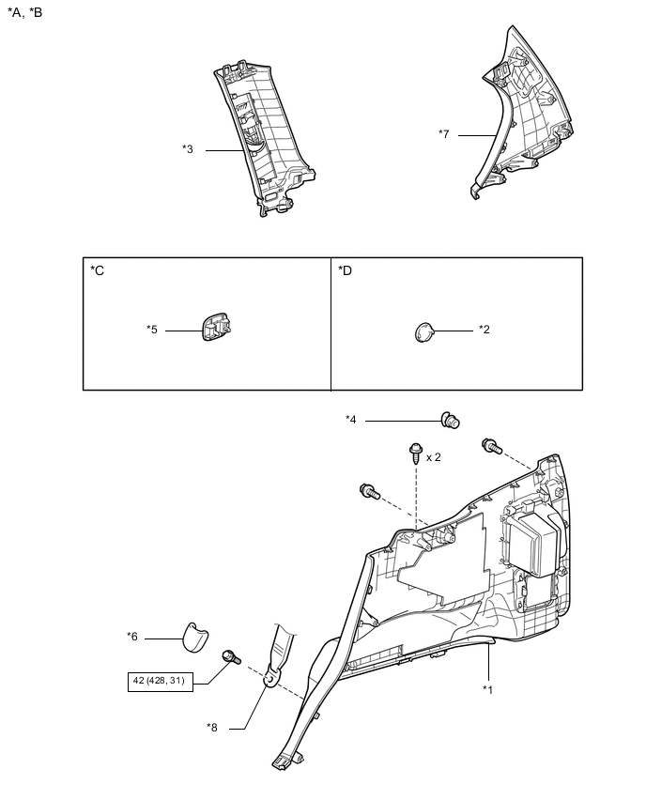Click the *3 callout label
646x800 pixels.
pyautogui.click(x=188, y=149)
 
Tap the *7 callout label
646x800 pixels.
pyautogui.click(x=444, y=134)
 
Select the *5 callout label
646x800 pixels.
pyautogui.click(x=152, y=330)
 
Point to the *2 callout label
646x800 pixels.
pyautogui.click(x=484, y=330)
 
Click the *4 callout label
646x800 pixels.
pyautogui.click(x=351, y=420)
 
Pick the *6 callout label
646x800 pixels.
pyautogui.click(x=132, y=637)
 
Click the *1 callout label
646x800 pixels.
pyautogui.click(x=488, y=689)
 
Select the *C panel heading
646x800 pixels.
pyautogui.click(x=98, y=271)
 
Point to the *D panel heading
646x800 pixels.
pyautogui.click(x=346, y=271)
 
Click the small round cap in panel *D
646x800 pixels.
pyautogui.click(x=423, y=331)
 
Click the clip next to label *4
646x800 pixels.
pyautogui.click(x=450, y=421)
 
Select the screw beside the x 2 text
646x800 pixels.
pyautogui.click(x=414, y=455)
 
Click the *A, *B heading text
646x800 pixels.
pyautogui.click(x=25, y=12)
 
